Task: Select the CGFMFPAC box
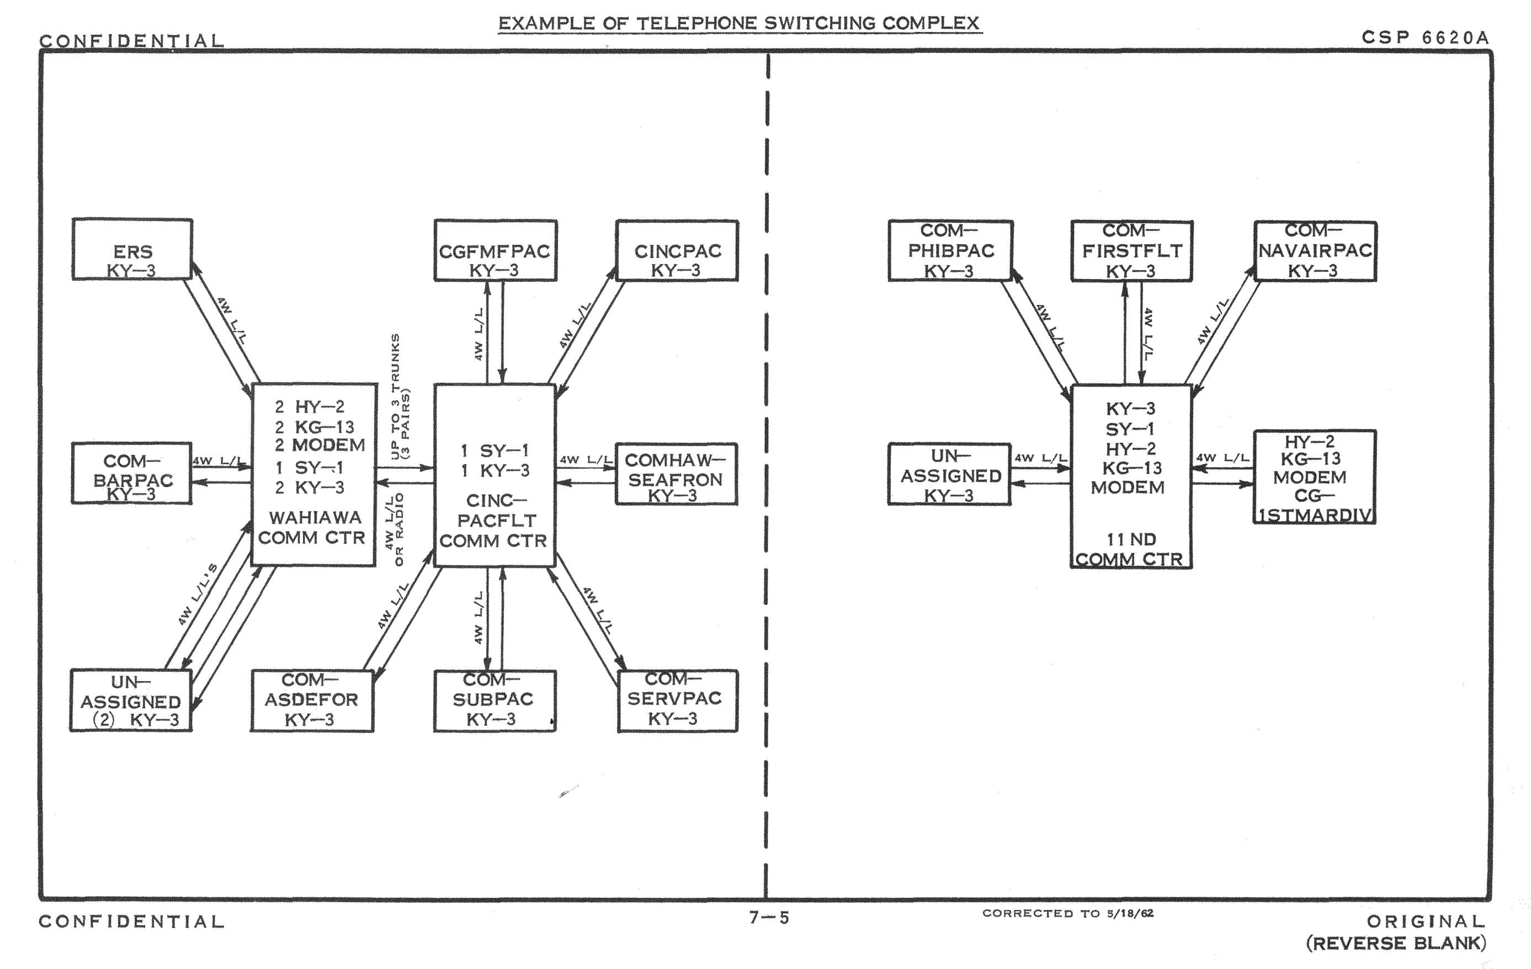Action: (x=495, y=250)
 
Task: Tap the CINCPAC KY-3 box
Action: (x=677, y=250)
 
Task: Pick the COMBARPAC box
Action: (x=131, y=473)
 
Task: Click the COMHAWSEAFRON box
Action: (x=676, y=474)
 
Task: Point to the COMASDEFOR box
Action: (x=311, y=700)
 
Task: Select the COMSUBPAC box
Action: (x=495, y=700)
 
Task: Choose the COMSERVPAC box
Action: (x=677, y=700)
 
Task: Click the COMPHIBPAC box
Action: (x=950, y=250)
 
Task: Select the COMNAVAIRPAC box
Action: (x=1315, y=250)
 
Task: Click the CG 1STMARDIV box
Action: (x=1314, y=477)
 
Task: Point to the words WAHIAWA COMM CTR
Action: (x=312, y=527)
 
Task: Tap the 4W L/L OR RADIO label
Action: (x=394, y=529)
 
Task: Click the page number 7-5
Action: (x=769, y=917)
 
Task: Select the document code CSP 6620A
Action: (x=1424, y=38)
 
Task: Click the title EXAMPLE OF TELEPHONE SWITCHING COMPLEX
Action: (x=740, y=24)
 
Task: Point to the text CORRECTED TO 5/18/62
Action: (x=1067, y=913)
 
